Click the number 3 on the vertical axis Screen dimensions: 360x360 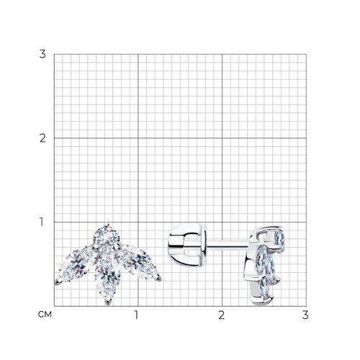point(42,54)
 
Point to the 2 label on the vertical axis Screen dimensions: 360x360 point(42,138)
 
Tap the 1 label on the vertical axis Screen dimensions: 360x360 point(42,222)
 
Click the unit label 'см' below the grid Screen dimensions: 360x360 point(45,314)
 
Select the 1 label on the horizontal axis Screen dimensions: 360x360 point(136,315)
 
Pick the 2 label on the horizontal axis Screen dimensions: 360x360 point(222,315)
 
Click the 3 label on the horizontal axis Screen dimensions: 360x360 point(305,315)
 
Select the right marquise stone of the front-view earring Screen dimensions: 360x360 point(138,262)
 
